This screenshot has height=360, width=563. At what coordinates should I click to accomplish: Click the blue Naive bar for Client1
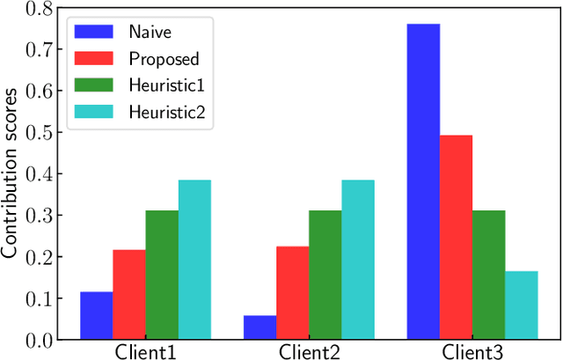coord(96,315)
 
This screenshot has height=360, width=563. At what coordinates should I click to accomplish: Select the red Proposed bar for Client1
coord(128,295)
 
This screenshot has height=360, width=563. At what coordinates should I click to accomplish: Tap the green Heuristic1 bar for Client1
coord(161,275)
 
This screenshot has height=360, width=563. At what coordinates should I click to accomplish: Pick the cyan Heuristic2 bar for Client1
coord(194,260)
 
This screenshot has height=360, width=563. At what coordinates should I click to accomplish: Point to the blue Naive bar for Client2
coord(260,327)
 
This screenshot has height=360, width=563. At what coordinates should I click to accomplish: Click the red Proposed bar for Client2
coord(292,293)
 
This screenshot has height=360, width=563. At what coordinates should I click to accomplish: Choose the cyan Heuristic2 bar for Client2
coord(357,260)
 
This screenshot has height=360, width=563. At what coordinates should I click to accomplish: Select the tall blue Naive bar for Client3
coord(422,181)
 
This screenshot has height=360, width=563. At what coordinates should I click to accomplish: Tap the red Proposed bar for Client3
coord(456,237)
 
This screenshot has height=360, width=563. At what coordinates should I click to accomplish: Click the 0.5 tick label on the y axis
coord(38,133)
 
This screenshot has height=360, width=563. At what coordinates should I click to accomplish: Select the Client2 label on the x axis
coord(309,352)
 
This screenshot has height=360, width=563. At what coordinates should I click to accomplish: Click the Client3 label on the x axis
coord(472,352)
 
